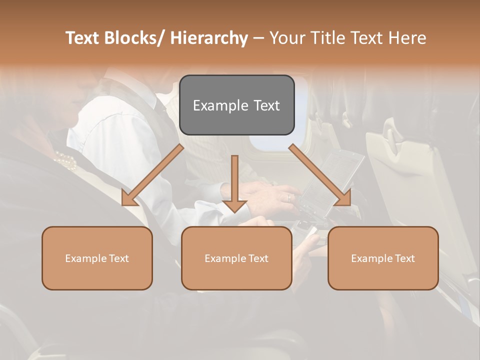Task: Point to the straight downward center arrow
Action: click(234, 185)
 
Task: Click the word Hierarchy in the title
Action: click(208, 38)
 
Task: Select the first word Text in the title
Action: click(82, 38)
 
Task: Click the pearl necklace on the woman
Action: click(66, 160)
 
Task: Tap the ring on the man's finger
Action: click(288, 197)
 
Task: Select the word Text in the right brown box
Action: click(404, 258)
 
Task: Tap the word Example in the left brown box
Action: click(85, 258)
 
